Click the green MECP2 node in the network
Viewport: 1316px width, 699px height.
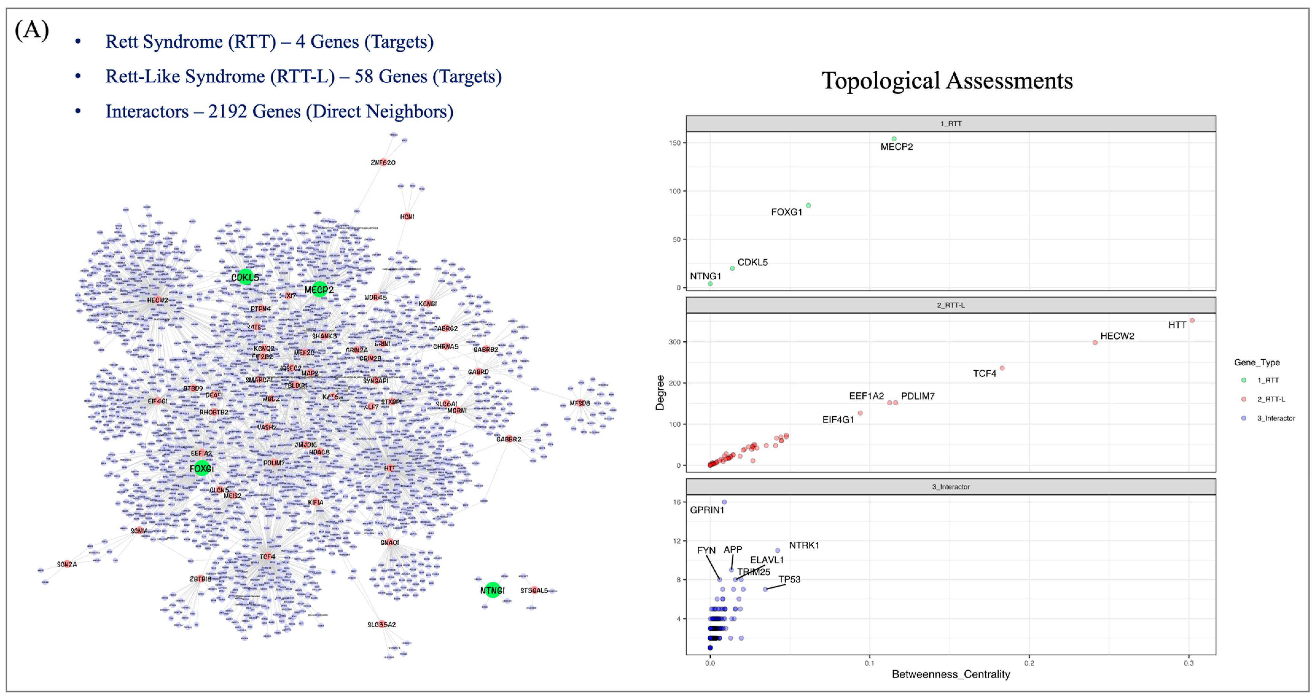pos(319,289)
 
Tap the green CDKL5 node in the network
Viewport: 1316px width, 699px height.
pos(246,277)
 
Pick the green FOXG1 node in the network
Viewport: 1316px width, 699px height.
pos(202,468)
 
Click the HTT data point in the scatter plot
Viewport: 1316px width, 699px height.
pos(1192,320)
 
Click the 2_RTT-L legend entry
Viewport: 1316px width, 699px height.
pos(1271,399)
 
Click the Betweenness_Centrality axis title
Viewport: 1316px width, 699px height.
pos(951,674)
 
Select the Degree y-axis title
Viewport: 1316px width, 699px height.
pos(660,392)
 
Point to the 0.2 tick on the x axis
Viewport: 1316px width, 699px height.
pos(1029,663)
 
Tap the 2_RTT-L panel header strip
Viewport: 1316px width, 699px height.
pos(951,305)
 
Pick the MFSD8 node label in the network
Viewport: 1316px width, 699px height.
pos(580,403)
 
